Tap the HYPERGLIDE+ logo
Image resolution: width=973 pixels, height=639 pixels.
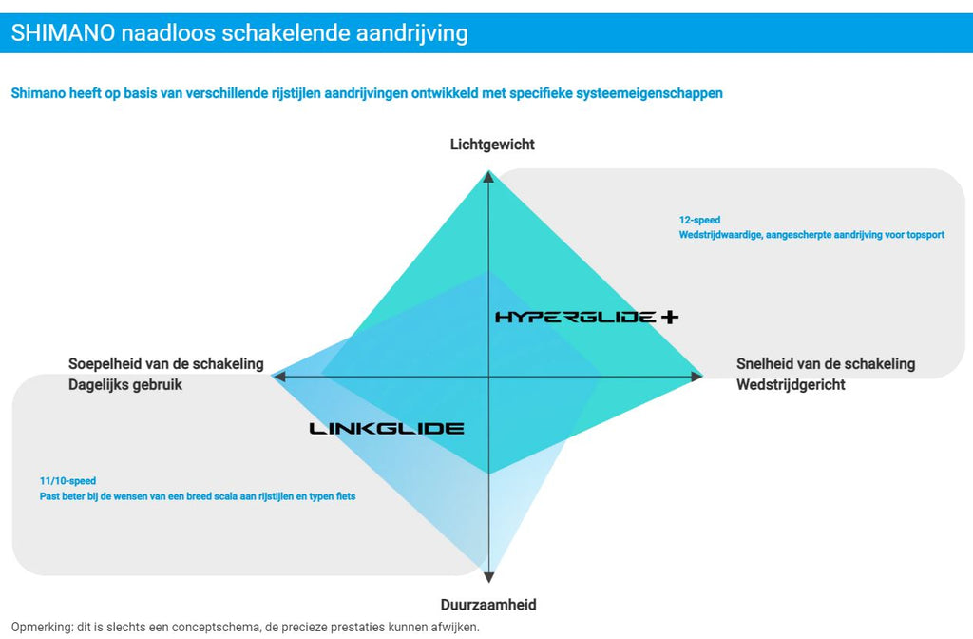pyautogui.click(x=586, y=317)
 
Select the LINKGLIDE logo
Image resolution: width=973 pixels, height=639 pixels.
pyautogui.click(x=387, y=429)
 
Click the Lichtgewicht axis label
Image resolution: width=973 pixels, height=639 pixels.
pyautogui.click(x=492, y=145)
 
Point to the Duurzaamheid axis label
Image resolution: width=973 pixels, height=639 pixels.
pyautogui.click(x=488, y=605)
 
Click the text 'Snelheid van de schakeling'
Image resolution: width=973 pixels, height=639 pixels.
pyautogui.click(x=826, y=363)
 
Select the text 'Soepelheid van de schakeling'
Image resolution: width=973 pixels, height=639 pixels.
pyautogui.click(x=166, y=364)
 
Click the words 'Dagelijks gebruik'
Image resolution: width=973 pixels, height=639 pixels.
pyautogui.click(x=125, y=385)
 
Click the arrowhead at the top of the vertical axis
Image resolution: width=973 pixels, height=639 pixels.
pyautogui.click(x=488, y=176)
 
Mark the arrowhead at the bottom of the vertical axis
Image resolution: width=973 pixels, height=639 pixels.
pyautogui.click(x=489, y=575)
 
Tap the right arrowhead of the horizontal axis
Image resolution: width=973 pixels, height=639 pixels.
pyautogui.click(x=696, y=377)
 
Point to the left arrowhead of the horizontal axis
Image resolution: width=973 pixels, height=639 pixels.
pyautogui.click(x=279, y=377)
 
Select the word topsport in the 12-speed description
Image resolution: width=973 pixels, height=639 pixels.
pyautogui.click(x=925, y=235)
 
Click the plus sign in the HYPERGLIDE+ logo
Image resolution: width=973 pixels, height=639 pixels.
pyautogui.click(x=669, y=317)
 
